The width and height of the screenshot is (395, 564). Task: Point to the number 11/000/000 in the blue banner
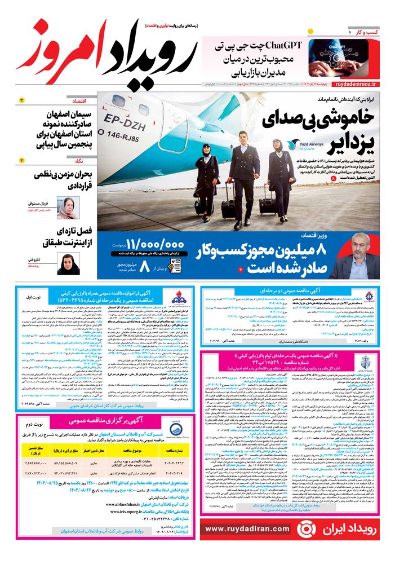point(155,245)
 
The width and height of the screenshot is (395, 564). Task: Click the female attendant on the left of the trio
point(206,180)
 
